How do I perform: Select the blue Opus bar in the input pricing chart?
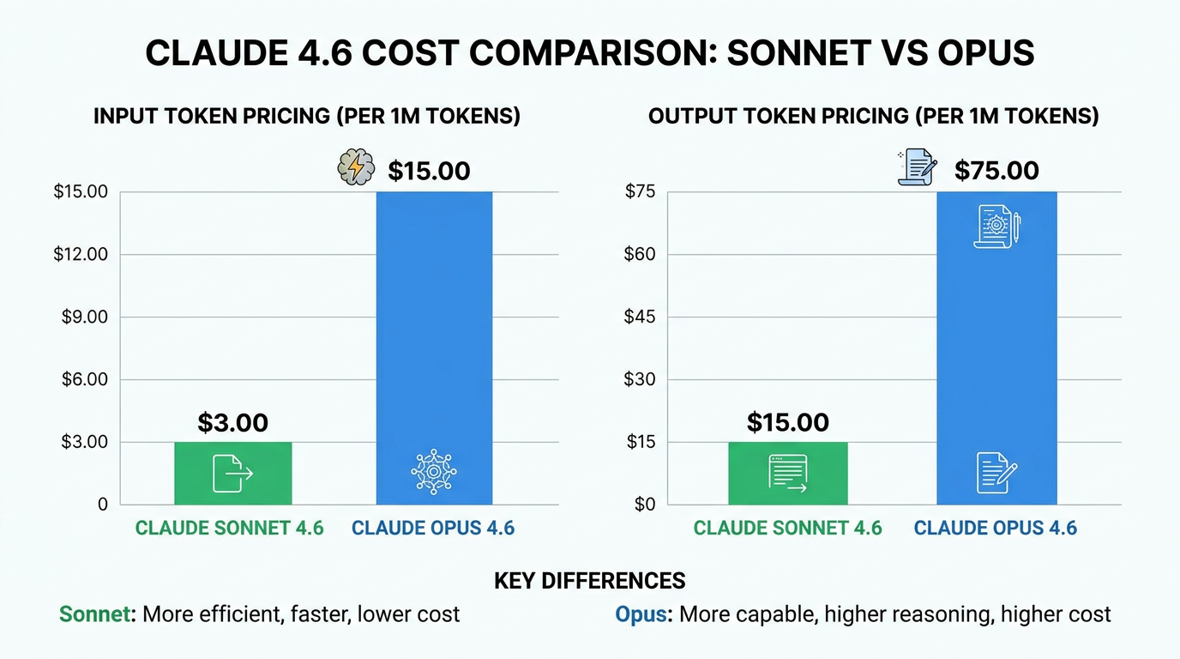[434, 343]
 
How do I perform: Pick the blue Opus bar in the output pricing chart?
[996, 343]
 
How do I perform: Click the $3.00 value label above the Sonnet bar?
[233, 423]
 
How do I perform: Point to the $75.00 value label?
[996, 171]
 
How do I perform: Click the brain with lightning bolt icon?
[356, 167]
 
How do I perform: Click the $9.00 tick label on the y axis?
[84, 317]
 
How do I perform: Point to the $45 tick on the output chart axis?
[639, 317]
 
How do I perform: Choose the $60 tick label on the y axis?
[639, 254]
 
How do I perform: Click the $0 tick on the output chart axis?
[643, 505]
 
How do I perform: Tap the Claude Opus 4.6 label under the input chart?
[433, 528]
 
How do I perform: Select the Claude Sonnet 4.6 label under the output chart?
[787, 528]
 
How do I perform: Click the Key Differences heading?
[590, 581]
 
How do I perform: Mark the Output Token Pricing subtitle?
[873, 117]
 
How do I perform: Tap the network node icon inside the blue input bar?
[434, 471]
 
